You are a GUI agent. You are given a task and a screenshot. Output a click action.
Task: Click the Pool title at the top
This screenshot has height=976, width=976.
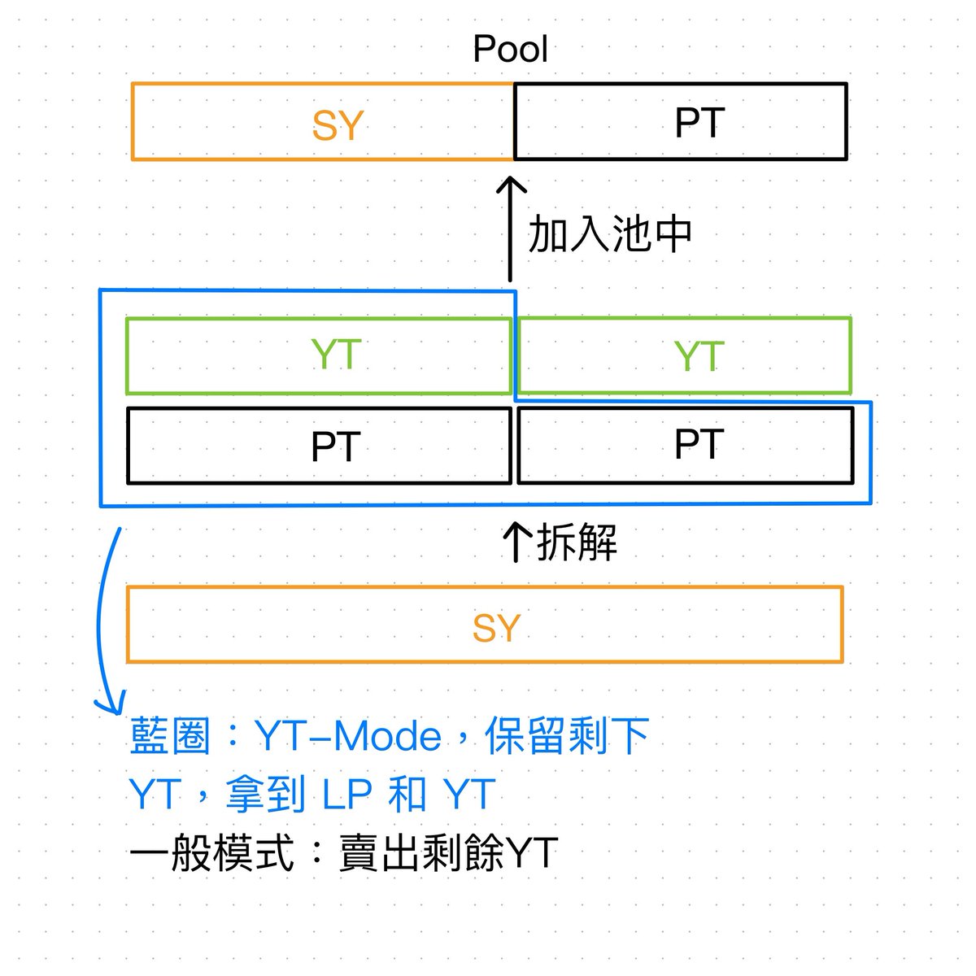coord(510,49)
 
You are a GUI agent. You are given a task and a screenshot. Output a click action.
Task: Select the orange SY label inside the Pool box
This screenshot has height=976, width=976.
coord(338,125)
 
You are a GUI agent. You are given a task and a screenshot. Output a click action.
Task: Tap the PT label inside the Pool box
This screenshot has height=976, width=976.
coord(699,123)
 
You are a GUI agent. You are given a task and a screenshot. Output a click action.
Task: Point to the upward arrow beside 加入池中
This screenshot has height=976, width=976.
coord(511,228)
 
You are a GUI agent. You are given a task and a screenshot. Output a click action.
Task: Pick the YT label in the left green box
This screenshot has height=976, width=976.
coord(336,355)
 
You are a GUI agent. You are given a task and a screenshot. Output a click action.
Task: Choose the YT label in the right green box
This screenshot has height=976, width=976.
coord(699,356)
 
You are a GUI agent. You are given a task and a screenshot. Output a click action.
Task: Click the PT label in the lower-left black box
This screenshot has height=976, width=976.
coord(336,447)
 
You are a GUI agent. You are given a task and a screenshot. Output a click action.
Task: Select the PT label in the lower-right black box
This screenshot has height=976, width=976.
coord(699,444)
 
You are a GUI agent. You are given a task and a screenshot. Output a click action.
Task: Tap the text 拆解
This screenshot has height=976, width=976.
coord(577,542)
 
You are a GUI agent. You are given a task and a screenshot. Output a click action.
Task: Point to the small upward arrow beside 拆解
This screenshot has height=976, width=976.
coord(516,542)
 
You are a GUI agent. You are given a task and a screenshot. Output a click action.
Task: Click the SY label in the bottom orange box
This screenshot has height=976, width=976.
coord(496,628)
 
